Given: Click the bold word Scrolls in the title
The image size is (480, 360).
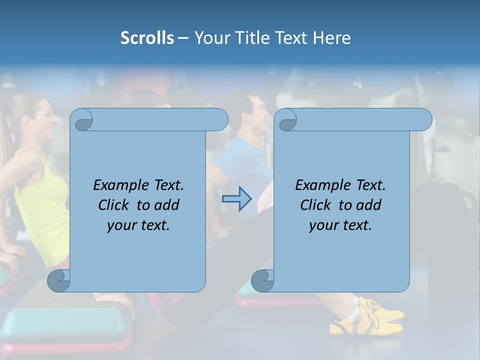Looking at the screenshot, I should [x=147, y=38].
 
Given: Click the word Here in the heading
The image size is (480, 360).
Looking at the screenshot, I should [x=331, y=38].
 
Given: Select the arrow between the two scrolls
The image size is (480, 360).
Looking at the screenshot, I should [x=236, y=199].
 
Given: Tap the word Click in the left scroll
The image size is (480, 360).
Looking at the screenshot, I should [x=113, y=205].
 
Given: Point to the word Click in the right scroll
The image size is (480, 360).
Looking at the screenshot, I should [x=315, y=205].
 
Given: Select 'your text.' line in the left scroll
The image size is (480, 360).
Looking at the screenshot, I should [x=138, y=225].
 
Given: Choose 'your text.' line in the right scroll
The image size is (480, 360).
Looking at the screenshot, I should [x=340, y=225].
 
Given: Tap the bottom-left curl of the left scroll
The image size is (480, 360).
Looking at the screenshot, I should [x=58, y=280].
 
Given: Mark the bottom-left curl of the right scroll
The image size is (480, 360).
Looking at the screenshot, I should [x=262, y=280].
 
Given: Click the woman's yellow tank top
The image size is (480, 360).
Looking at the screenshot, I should [x=42, y=200].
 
